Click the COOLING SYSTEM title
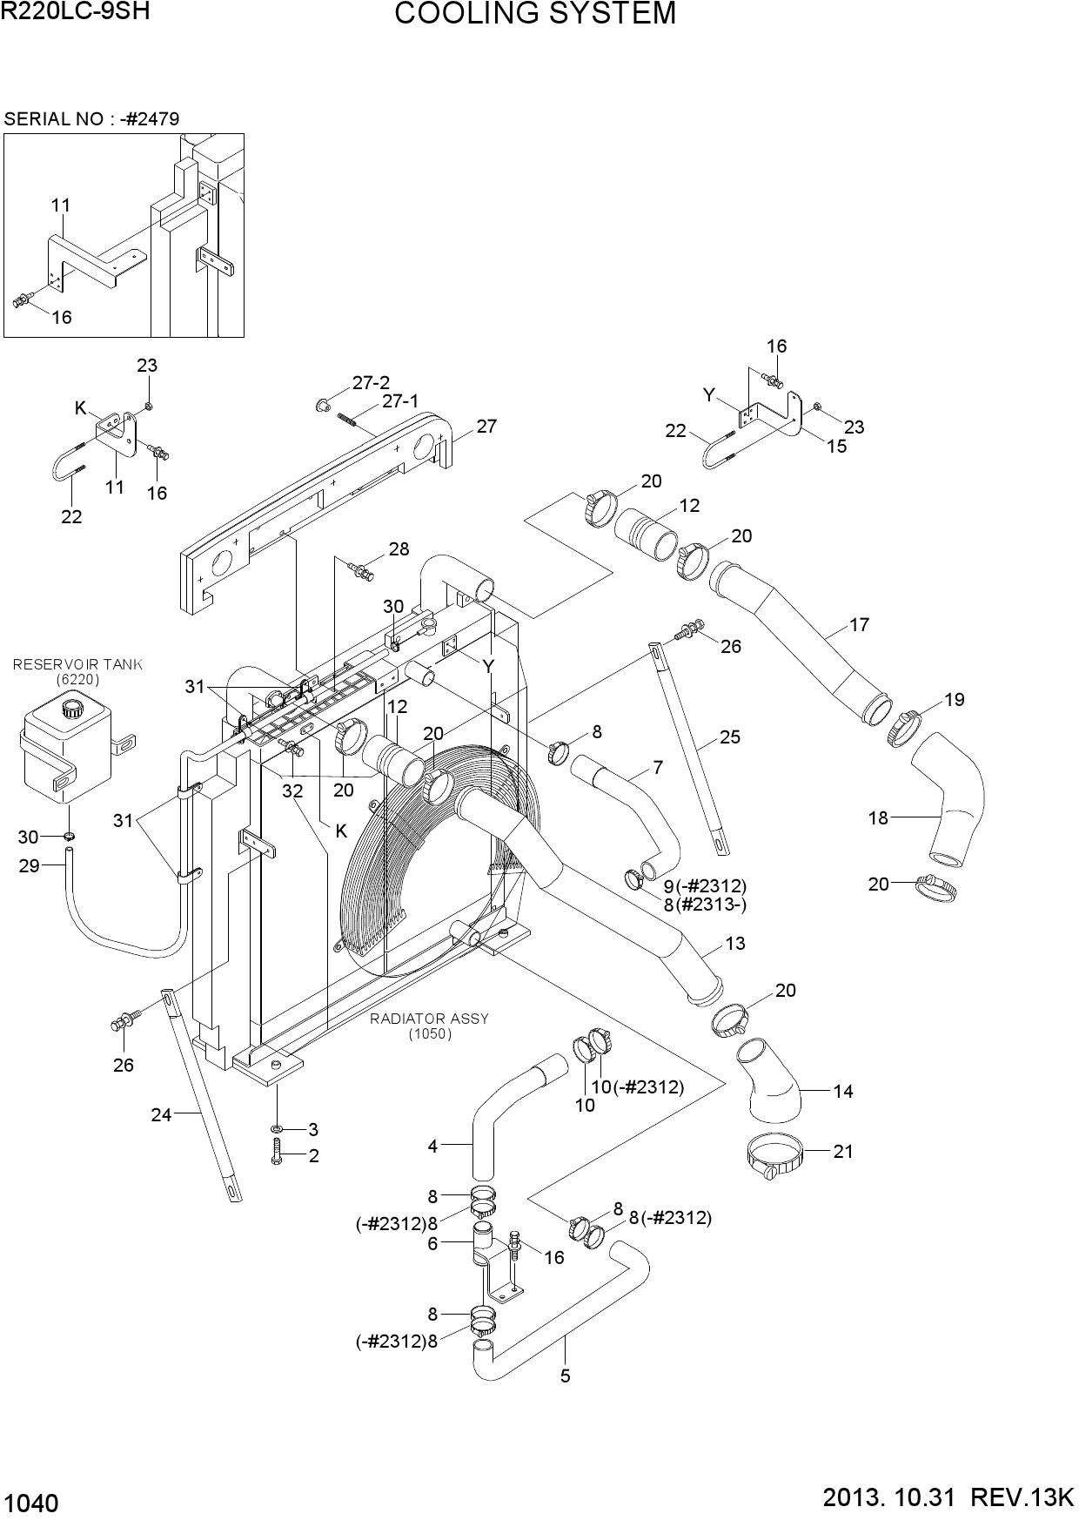coord(535,14)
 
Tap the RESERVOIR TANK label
coord(77,665)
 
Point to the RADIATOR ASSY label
coord(430,1019)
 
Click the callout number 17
coord(859,625)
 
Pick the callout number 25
coord(730,737)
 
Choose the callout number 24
coord(161,1113)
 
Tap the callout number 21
coord(843,1152)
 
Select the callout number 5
coord(566,1376)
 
